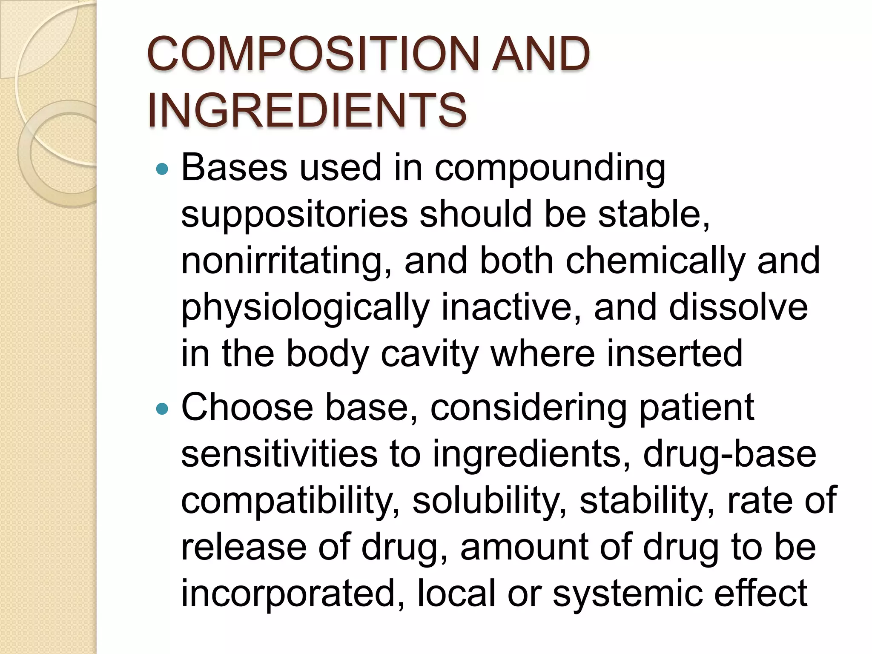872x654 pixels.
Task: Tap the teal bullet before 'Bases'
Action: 162,170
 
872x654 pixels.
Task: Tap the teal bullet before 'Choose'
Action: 162,410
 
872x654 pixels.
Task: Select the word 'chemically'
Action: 655,261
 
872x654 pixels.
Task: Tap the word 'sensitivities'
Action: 279,454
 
